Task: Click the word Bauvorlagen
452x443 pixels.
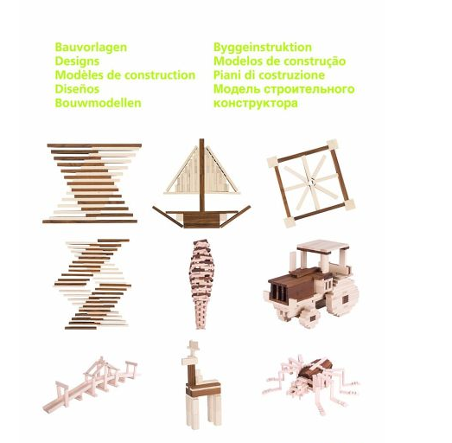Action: coord(91,48)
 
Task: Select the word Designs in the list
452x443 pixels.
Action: coord(77,61)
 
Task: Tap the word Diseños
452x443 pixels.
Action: coord(77,89)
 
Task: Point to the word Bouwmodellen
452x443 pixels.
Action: coord(98,103)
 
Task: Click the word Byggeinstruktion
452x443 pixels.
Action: coord(263,48)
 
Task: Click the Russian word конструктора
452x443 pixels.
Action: coord(256,103)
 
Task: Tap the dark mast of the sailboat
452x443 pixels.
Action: coord(201,175)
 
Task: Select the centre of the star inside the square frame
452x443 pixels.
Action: coord(311,183)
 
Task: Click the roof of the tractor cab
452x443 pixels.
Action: coord(323,247)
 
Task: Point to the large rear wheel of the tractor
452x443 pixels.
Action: coord(343,298)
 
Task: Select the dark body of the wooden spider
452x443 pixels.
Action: coord(315,369)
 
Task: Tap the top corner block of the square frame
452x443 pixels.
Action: coord(332,144)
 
